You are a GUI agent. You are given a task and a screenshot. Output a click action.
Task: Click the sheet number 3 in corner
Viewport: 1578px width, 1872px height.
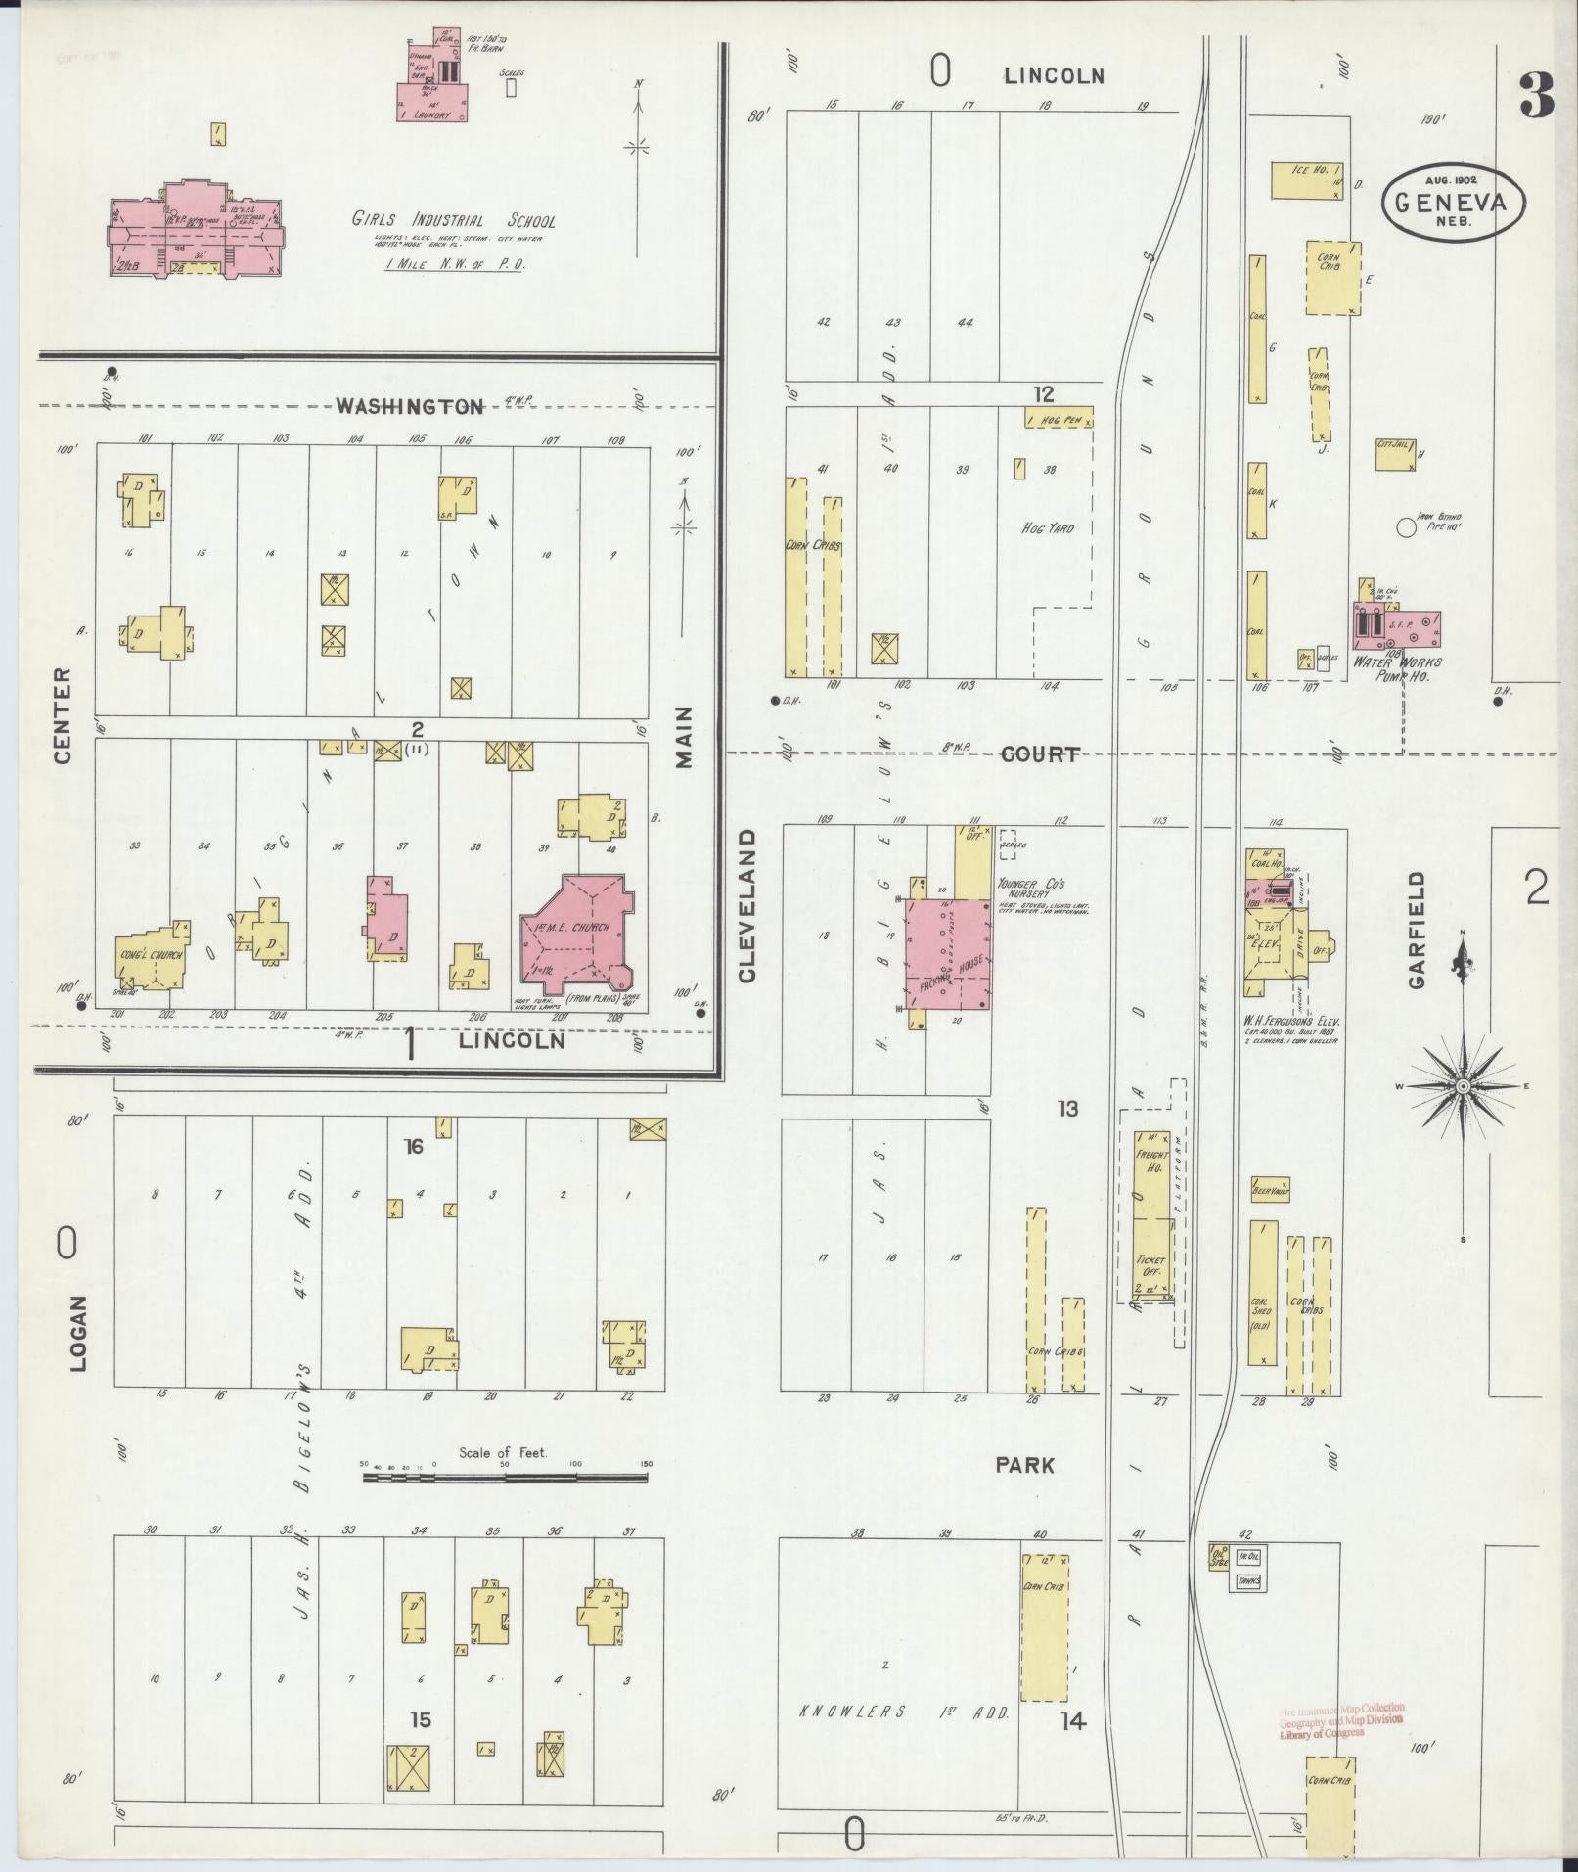(1536, 96)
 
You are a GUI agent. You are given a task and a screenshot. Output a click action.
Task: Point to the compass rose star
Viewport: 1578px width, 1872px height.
(1463, 1087)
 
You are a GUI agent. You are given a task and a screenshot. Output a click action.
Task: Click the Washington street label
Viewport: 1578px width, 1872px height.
(410, 406)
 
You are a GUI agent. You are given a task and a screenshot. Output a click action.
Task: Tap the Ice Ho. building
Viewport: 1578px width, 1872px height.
(1307, 181)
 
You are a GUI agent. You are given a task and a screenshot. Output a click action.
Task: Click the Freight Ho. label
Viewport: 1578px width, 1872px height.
(1151, 1162)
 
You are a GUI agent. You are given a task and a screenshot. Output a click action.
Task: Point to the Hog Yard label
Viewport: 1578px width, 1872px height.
(1047, 528)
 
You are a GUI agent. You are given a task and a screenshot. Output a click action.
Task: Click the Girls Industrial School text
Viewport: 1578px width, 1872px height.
(453, 220)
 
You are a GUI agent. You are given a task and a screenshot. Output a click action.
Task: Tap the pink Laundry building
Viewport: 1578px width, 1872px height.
(431, 103)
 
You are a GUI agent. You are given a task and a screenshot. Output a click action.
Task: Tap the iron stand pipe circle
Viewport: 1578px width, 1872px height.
(1406, 527)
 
